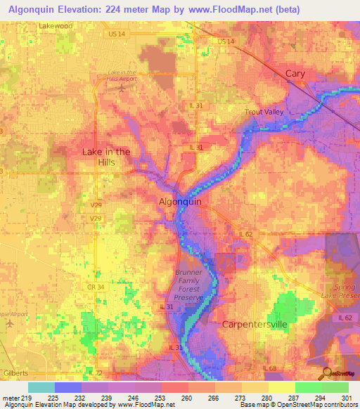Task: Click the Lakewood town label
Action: pyautogui.click(x=56, y=26)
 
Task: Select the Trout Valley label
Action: pyautogui.click(x=263, y=112)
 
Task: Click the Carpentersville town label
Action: pyautogui.click(x=255, y=325)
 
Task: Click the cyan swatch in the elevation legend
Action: pyautogui.click(x=41, y=387)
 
